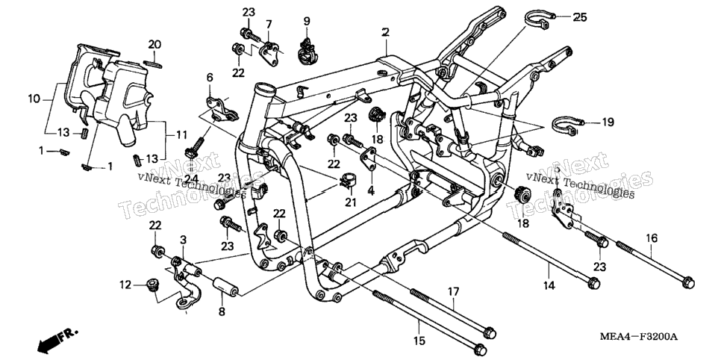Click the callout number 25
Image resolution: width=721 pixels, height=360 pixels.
click(x=580, y=17)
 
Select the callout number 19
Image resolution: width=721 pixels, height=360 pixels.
click(x=608, y=122)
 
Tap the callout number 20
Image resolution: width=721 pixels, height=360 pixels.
click(x=154, y=45)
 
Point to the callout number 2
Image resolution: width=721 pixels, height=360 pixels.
click(x=385, y=32)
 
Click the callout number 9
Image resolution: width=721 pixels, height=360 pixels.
click(x=307, y=21)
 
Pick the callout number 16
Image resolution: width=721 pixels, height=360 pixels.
click(x=652, y=238)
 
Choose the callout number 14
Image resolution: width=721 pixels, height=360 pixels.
click(x=549, y=285)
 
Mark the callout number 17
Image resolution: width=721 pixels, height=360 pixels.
click(x=453, y=291)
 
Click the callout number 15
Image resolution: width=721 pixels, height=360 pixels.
click(x=419, y=341)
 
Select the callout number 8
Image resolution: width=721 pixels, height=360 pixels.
click(x=222, y=311)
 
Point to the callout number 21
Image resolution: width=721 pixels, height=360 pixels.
click(x=351, y=202)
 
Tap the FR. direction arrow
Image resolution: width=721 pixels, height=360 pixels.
click(x=57, y=340)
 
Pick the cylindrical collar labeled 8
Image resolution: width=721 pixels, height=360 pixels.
click(x=225, y=287)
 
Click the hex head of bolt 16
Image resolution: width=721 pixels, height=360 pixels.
click(x=688, y=282)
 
